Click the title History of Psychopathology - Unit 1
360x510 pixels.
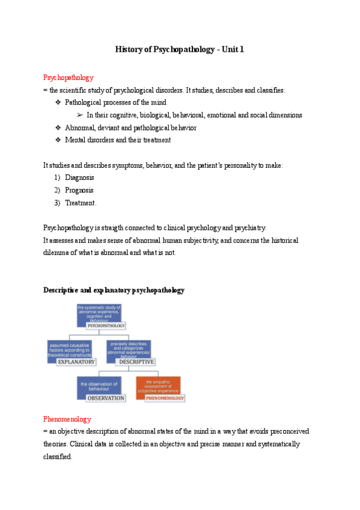pyautogui.click(x=180, y=49)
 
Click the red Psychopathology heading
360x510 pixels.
pyautogui.click(x=69, y=78)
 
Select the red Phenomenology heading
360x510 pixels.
pyautogui.click(x=67, y=419)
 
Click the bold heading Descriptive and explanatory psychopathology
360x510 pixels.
pyautogui.click(x=114, y=290)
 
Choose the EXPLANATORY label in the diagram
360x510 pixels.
pyautogui.click(x=76, y=362)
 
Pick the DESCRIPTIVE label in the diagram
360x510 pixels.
pyautogui.click(x=136, y=362)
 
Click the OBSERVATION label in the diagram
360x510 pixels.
pyautogui.click(x=106, y=398)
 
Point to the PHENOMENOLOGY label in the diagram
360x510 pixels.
pyautogui.click(x=164, y=398)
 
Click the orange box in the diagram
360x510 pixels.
pyautogui.click(x=157, y=384)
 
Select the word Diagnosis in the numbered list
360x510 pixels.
pyautogui.click(x=79, y=177)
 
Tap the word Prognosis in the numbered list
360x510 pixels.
pyautogui.click(x=79, y=190)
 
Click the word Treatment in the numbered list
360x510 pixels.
pyautogui.click(x=80, y=203)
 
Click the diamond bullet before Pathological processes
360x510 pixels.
pyautogui.click(x=58, y=103)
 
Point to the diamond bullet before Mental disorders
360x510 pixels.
pyautogui.click(x=58, y=140)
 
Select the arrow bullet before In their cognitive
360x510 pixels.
pyautogui.click(x=79, y=115)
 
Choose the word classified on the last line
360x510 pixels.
pyautogui.click(x=57, y=456)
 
